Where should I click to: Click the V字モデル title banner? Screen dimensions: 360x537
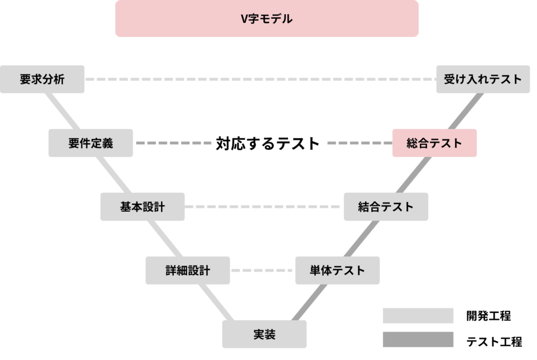[x=266, y=19]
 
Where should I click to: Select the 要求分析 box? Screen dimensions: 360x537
[x=42, y=79]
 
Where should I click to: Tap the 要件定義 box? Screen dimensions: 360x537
[x=90, y=143]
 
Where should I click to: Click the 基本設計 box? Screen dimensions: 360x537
[x=142, y=206]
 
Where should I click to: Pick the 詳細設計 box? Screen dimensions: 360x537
[x=187, y=270]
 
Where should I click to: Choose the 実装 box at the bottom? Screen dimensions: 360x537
[x=264, y=334]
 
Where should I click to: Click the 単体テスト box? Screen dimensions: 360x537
[x=337, y=270]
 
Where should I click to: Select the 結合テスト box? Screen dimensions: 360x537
[x=386, y=206]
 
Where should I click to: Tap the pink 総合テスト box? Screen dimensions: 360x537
[x=434, y=143]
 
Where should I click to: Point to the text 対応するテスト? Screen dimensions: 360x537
[x=267, y=143]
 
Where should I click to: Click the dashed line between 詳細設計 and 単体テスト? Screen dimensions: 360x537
[x=262, y=270]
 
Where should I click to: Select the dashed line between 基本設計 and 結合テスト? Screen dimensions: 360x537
[x=264, y=206]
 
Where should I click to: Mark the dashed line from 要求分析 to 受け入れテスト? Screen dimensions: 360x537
[x=260, y=79]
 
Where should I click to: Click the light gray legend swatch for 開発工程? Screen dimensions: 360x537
[x=417, y=315]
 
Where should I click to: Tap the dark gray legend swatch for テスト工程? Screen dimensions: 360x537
[x=417, y=340]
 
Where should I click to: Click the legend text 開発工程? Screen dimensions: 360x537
[x=488, y=316]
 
